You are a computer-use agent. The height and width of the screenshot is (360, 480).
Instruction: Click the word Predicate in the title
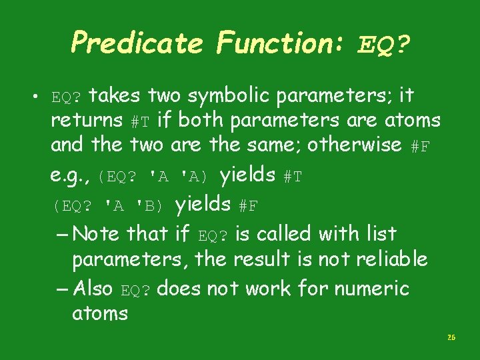tap(136, 43)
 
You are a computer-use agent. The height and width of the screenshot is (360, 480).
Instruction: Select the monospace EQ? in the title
tap(383, 45)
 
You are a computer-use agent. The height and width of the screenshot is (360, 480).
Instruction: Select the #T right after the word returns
tap(140, 122)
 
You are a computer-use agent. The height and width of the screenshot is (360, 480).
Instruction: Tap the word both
tap(200, 121)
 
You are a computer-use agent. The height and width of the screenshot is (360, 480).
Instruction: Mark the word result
tap(263, 259)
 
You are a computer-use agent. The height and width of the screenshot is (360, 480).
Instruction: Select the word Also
tap(93, 289)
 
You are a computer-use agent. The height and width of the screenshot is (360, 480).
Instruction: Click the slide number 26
tap(451, 338)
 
